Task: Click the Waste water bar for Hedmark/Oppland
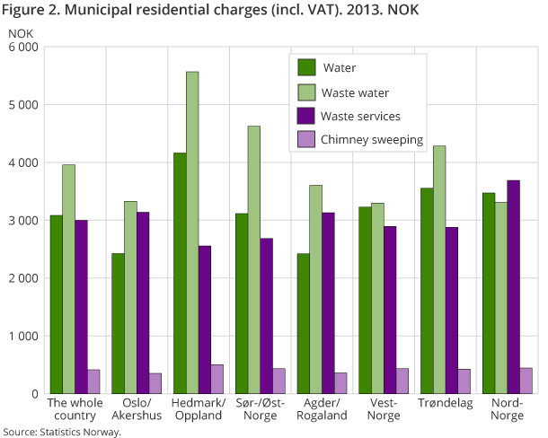pyautogui.click(x=192, y=232)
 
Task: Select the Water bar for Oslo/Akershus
pyautogui.click(x=118, y=323)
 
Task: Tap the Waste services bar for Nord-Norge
pyautogui.click(x=513, y=287)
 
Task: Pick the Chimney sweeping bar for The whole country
pyautogui.click(x=93, y=381)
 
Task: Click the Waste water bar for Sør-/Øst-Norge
pyautogui.click(x=254, y=259)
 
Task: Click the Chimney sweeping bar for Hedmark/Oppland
pyautogui.click(x=217, y=379)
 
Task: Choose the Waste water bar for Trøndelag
pyautogui.click(x=439, y=269)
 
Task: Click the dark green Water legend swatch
pyautogui.click(x=307, y=67)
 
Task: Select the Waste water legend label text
pyautogui.click(x=356, y=92)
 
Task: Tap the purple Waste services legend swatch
pyautogui.click(x=307, y=116)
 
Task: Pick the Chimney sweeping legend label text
pyautogui.click(x=371, y=140)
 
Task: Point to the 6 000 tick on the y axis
pyautogui.click(x=22, y=47)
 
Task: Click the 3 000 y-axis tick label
pyautogui.click(x=22, y=220)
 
